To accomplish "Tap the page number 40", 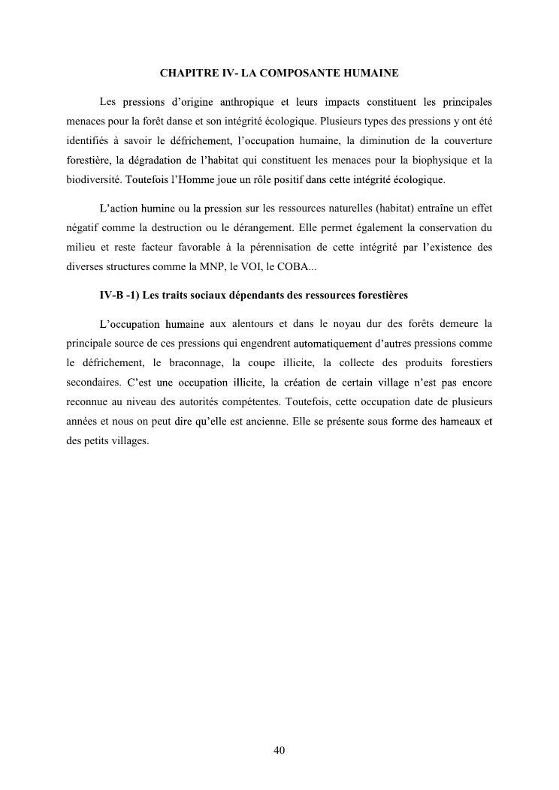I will pyautogui.click(x=279, y=749).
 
